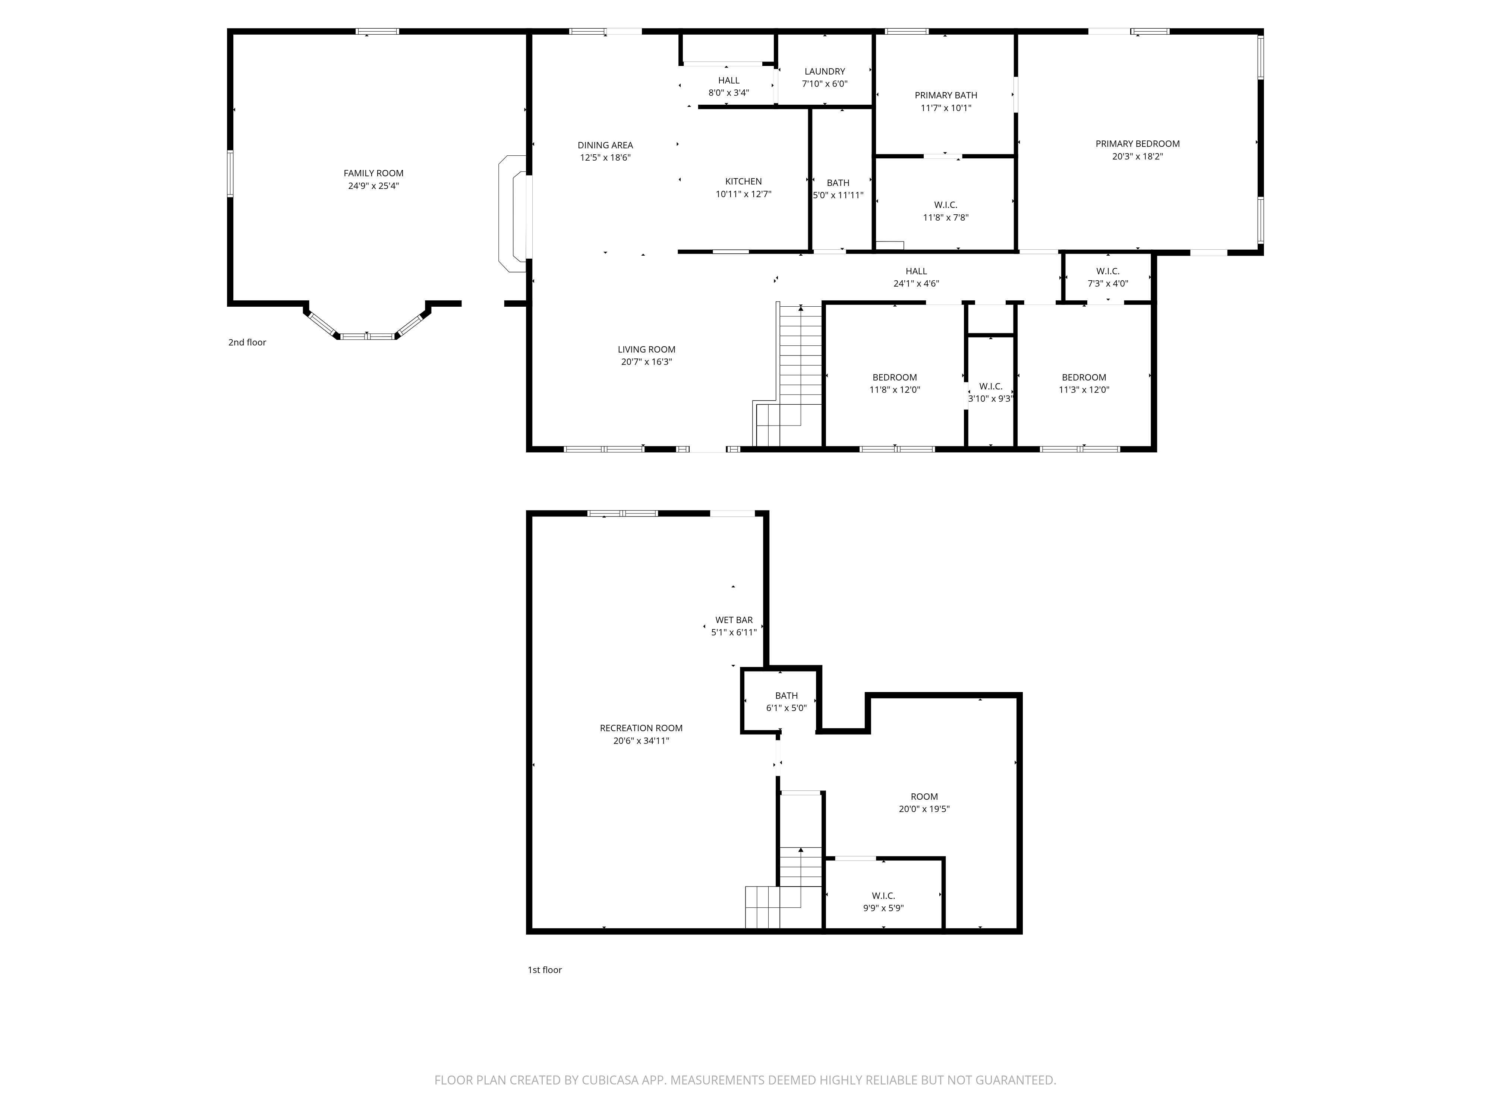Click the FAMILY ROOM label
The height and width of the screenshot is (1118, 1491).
pos(373,173)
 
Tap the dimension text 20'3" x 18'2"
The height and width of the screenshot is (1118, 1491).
pos(1138,157)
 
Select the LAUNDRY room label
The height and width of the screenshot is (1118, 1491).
pos(825,72)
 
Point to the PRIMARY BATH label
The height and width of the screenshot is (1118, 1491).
pos(946,95)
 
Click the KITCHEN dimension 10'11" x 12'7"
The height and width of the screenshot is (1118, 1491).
pos(744,194)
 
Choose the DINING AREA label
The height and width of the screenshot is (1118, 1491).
pos(605,145)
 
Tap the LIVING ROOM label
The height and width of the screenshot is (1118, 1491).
pos(646,349)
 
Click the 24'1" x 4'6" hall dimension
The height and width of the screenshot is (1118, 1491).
pos(916,284)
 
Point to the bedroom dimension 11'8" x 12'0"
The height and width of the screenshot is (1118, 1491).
pos(895,389)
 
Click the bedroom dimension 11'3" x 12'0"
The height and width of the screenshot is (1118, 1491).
pos(1084,389)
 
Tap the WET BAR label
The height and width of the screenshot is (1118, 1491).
pos(734,620)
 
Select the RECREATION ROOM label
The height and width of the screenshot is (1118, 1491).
pos(641,728)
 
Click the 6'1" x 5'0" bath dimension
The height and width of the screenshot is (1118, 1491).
pos(786,708)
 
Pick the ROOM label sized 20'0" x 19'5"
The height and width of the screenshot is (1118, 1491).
pos(924,796)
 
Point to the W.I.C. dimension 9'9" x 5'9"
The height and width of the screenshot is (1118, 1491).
pos(883,908)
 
